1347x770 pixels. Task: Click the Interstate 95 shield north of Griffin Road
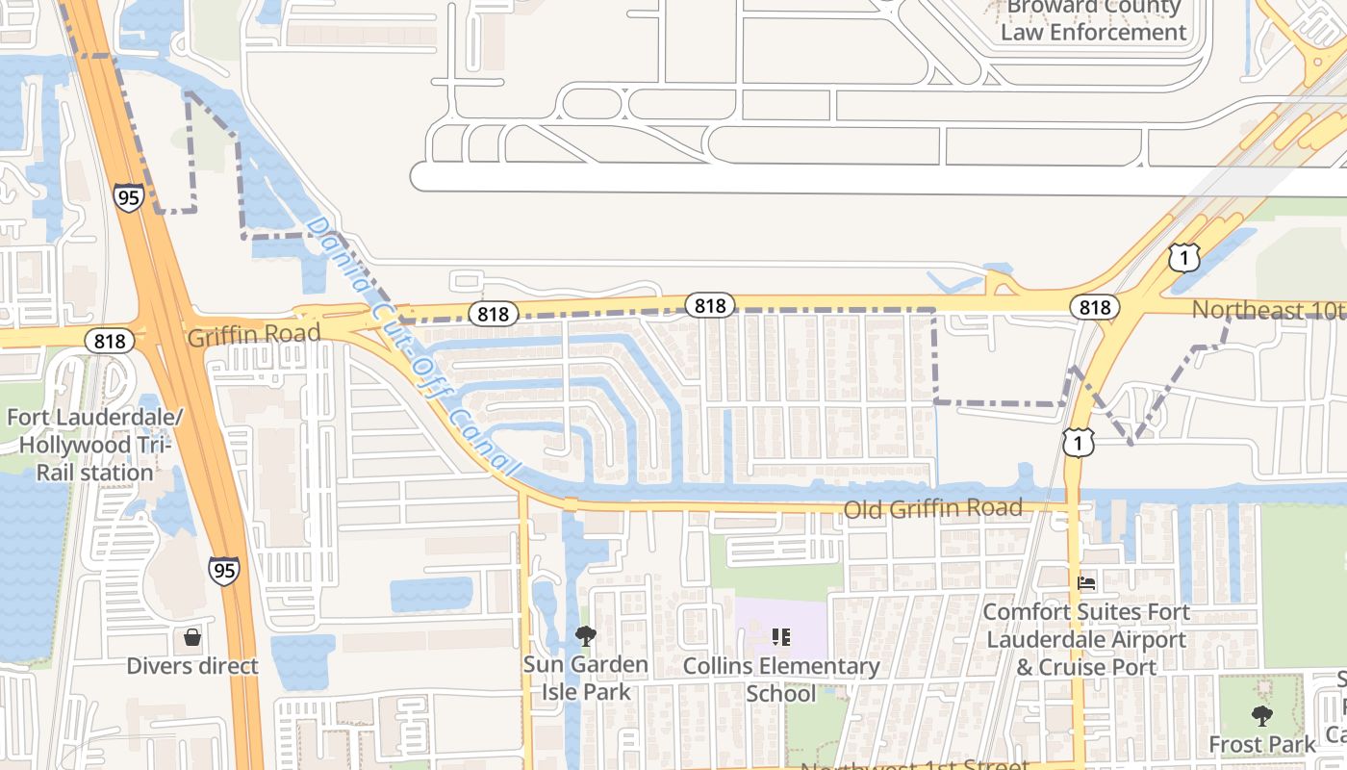(128, 198)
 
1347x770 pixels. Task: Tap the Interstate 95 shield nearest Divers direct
(223, 570)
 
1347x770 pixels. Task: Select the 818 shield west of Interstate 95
(110, 340)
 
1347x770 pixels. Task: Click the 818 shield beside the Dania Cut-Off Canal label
(493, 314)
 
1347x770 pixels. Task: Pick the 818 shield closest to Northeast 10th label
(1094, 307)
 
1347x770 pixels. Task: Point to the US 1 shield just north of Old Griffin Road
(1079, 443)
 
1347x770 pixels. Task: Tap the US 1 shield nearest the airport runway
(1184, 257)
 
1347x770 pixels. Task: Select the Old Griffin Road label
(932, 508)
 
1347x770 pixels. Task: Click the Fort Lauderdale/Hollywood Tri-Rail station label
(94, 445)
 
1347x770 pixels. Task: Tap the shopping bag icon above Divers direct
(192, 637)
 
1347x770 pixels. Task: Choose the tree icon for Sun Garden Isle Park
(585, 636)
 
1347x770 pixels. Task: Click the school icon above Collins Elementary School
(781, 637)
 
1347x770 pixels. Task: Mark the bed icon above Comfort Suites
(1086, 583)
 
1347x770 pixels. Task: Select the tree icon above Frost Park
(1261, 716)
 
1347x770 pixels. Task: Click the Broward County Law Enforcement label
(1093, 21)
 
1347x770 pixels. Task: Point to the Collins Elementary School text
(781, 680)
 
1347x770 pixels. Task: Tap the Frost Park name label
(1261, 744)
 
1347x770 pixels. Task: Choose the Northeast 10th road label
(1268, 310)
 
